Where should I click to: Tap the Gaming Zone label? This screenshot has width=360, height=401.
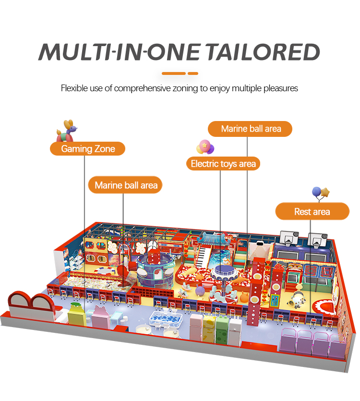pos(88,149)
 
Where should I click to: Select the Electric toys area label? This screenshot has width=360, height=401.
pos(223,164)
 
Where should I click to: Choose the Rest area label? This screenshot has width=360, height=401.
pos(312,211)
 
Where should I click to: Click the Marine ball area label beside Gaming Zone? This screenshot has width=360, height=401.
pos(126,185)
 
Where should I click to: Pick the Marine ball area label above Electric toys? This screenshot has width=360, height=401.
pos(251,129)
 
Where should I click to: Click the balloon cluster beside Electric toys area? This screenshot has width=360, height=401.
pos(205,146)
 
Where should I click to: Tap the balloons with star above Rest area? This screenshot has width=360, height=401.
pos(320,193)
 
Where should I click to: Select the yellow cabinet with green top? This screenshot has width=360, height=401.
pos(75,314)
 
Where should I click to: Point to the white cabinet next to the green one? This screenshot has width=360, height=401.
pos(235,328)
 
